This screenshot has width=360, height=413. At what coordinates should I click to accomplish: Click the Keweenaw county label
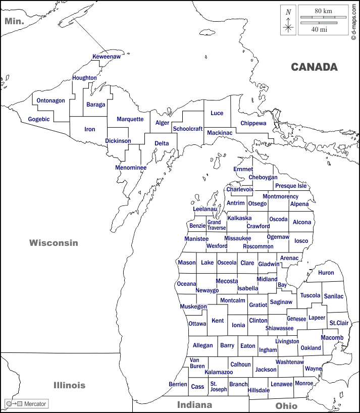coord(107,57)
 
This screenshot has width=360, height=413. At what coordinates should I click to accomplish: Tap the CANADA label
coord(314,67)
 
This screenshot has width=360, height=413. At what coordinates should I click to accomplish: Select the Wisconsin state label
coord(54,243)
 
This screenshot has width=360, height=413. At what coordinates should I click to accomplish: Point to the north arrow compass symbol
coord(288,20)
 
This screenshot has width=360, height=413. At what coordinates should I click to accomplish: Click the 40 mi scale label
coord(319,30)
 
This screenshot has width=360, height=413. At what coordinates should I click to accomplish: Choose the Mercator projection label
coord(35,404)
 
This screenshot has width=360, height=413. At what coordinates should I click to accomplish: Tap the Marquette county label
coord(130,119)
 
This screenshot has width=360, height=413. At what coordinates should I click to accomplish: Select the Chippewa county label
coord(253,123)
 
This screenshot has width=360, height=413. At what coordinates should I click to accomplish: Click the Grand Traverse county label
coord(216,225)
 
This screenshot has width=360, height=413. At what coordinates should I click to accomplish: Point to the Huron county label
coord(326,273)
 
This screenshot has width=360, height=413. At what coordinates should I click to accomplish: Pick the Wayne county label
coord(313,369)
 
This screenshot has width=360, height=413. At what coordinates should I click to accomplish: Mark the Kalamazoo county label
coord(219,372)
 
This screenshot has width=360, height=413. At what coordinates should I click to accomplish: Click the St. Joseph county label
coord(219,387)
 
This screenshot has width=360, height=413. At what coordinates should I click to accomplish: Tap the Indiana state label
coord(194,405)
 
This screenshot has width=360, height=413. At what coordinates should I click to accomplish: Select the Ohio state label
coord(286,406)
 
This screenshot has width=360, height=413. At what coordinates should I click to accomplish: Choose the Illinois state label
coord(70,385)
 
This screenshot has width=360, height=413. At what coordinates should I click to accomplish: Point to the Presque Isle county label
coord(291,186)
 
